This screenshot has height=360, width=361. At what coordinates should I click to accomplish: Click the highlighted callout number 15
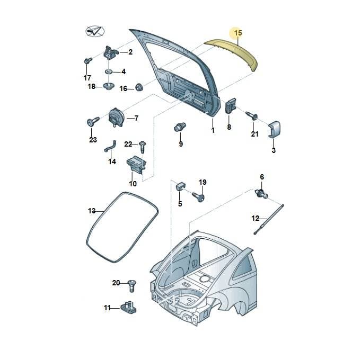pyautogui.click(x=238, y=33)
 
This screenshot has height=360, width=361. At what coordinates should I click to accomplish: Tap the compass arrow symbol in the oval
pyautogui.click(x=95, y=31)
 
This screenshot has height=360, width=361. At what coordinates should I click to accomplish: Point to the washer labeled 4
pyautogui.click(x=109, y=71)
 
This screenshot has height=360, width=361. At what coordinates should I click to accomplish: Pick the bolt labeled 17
pyautogui.click(x=87, y=61)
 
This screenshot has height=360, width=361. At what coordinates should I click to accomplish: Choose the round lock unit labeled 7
pyautogui.click(x=116, y=118)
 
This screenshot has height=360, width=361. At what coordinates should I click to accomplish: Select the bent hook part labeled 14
pyautogui.click(x=110, y=146)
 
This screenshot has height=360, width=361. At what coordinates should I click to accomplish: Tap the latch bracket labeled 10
pyautogui.click(x=136, y=164)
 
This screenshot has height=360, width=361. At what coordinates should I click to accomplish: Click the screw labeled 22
pyautogui.click(x=143, y=147)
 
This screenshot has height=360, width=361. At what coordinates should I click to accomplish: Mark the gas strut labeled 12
pyautogui.click(x=268, y=220)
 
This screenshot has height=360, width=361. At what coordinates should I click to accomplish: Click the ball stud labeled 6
pyautogui.click(x=261, y=193)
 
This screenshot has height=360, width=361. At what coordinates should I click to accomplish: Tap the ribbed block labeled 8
pyautogui.click(x=231, y=105)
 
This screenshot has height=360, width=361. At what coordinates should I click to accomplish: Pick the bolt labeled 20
pyautogui.click(x=131, y=285)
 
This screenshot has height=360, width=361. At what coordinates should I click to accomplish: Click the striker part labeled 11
pyautogui.click(x=129, y=307)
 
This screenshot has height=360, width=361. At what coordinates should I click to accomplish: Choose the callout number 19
pyautogui.click(x=202, y=182)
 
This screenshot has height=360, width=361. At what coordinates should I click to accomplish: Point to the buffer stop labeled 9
pyautogui.click(x=180, y=127)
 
